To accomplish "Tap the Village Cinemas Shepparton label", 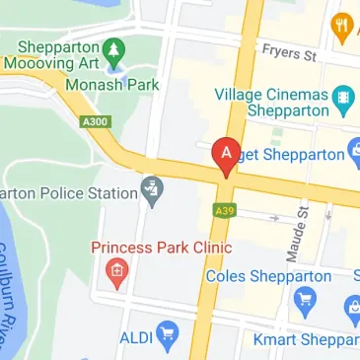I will (272, 104).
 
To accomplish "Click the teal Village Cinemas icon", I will (342, 97).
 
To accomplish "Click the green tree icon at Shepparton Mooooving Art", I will (114, 48).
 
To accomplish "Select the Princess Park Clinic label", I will (161, 247).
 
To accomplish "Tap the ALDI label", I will (136, 338).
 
